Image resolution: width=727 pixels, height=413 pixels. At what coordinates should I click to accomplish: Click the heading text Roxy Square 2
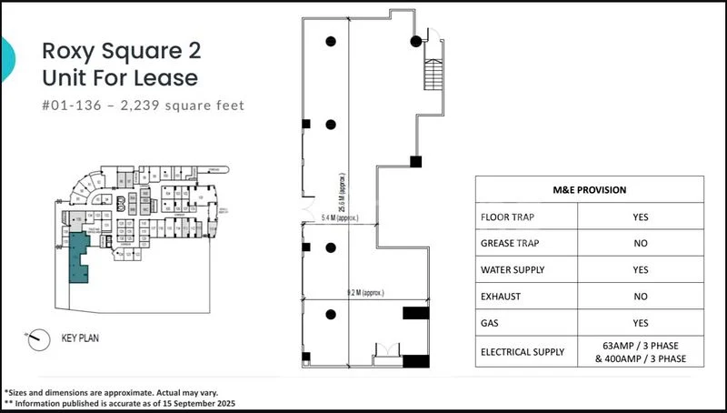click(x=121, y=50)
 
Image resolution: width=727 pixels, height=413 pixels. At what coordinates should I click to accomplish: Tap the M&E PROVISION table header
click(x=589, y=189)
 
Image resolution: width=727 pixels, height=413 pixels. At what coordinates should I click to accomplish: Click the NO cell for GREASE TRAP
click(x=640, y=245)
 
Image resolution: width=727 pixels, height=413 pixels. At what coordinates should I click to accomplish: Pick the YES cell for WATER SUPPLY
click(x=640, y=271)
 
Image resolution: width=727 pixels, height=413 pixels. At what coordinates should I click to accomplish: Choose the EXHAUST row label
click(x=500, y=297)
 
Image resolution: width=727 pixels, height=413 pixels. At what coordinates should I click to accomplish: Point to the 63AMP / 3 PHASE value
click(x=640, y=345)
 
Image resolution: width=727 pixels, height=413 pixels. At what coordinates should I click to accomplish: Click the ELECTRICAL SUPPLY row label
click(x=522, y=351)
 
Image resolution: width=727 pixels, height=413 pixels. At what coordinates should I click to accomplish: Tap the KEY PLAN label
click(x=80, y=337)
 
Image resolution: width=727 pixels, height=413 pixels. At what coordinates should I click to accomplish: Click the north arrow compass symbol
click(x=38, y=337)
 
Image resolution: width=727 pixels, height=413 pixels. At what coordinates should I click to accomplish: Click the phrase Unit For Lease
click(x=120, y=78)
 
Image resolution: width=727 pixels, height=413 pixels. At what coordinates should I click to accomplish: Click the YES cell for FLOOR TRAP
click(x=640, y=218)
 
